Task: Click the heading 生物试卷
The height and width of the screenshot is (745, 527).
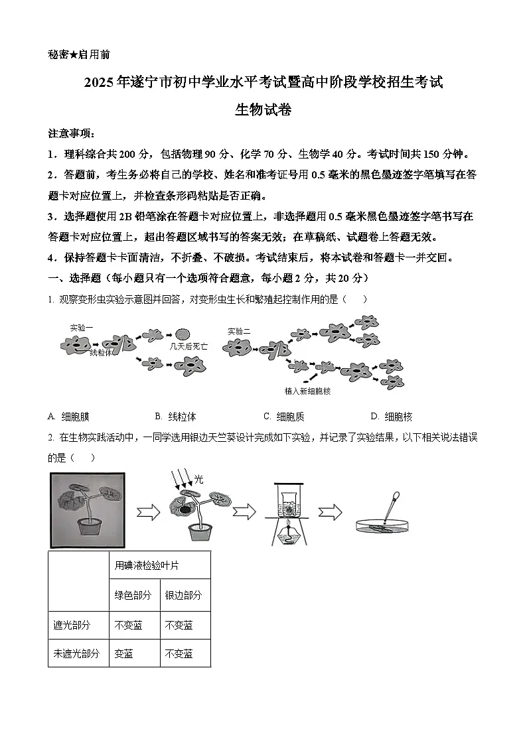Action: pyautogui.click(x=263, y=110)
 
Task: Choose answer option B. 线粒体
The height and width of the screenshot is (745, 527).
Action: pyautogui.click(x=175, y=417)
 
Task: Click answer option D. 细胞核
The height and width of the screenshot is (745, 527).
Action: pyautogui.click(x=391, y=417)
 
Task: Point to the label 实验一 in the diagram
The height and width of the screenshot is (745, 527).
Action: pyautogui.click(x=82, y=328)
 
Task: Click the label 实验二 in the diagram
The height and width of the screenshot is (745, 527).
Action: pyautogui.click(x=239, y=331)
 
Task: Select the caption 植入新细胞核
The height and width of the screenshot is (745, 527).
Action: pyautogui.click(x=307, y=391)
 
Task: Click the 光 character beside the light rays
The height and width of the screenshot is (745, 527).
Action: pyautogui.click(x=198, y=477)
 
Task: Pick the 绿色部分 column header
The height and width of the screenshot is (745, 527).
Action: pyautogui.click(x=133, y=595)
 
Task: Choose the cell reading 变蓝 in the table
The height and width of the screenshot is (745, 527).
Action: pyautogui.click(x=124, y=653)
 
